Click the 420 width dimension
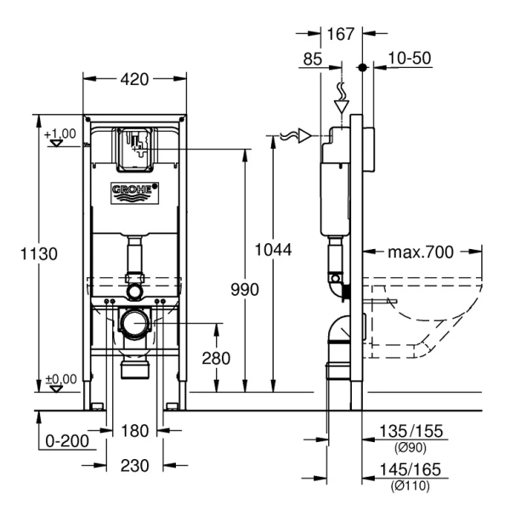pyautogui.click(x=134, y=80)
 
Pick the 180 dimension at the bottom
pyautogui.click(x=134, y=431)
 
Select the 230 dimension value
pyautogui.click(x=134, y=465)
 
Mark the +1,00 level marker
pyautogui.click(x=59, y=134)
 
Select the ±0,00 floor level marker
pyautogui.click(x=59, y=379)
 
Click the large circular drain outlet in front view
pyautogui.click(x=133, y=323)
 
